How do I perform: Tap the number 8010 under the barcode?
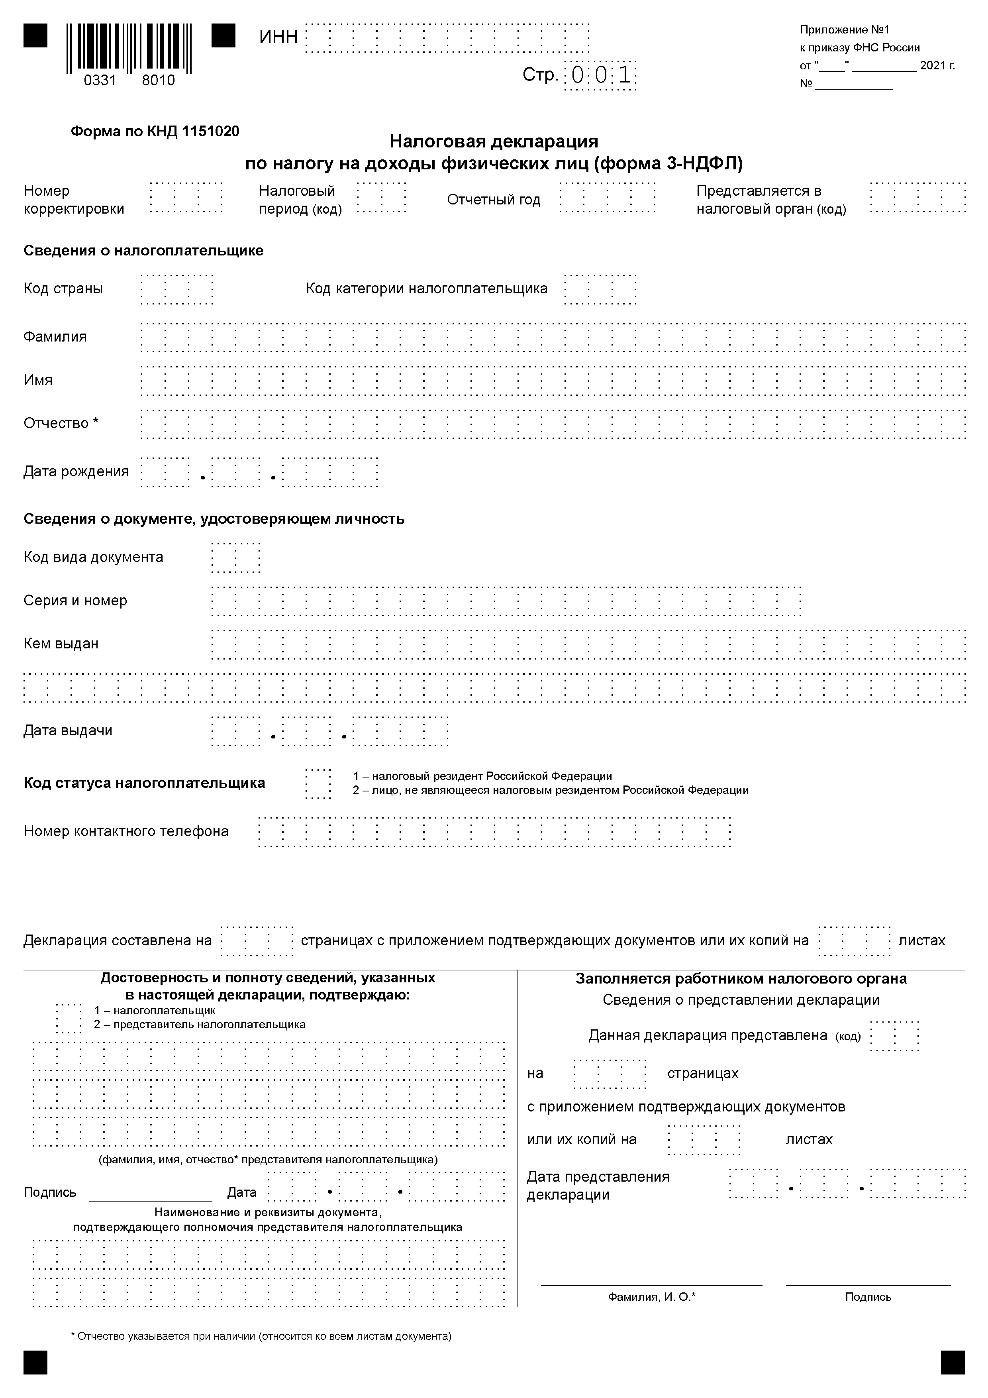coord(158,81)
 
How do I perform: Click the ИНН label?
coord(278,37)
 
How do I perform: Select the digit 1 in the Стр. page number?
coord(625,75)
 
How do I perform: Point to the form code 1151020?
coord(210,132)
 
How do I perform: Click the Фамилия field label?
coord(55,337)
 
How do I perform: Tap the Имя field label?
coord(38,380)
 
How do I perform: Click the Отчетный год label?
coord(493,200)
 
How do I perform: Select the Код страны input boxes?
coord(176,289)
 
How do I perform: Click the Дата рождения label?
coord(76,471)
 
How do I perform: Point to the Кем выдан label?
coord(61,644)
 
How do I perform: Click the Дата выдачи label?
coord(68,730)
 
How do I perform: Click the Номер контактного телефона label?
coord(126,831)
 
